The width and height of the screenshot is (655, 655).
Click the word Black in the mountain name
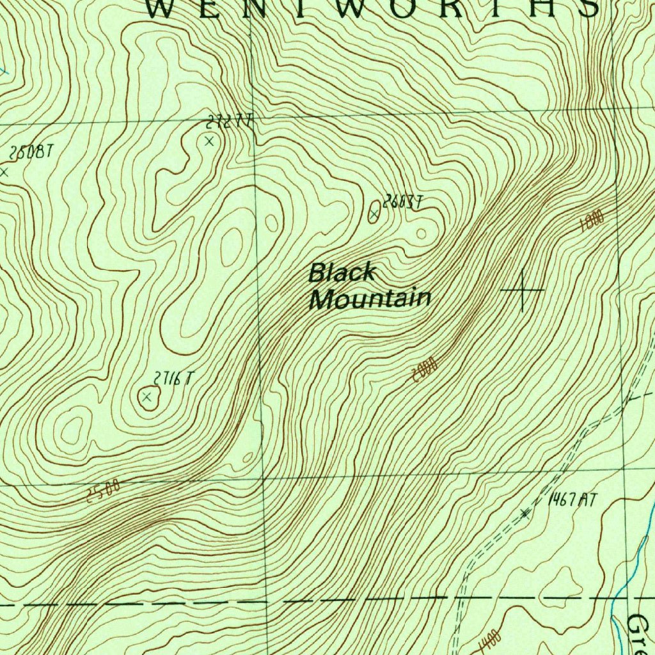pyautogui.click(x=342, y=273)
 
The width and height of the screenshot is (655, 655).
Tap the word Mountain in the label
pyautogui.click(x=370, y=299)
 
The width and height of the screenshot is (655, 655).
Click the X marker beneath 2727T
pyautogui.click(x=209, y=141)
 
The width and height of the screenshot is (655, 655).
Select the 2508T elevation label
pyautogui.click(x=29, y=153)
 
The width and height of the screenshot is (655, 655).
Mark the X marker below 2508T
pyautogui.click(x=4, y=171)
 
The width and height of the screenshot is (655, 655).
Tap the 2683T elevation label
pyautogui.click(x=402, y=202)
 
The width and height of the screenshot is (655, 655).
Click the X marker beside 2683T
pyautogui.click(x=374, y=214)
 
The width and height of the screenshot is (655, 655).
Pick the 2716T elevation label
pyautogui.click(x=172, y=379)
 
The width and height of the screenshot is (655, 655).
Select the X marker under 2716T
pyautogui.click(x=148, y=397)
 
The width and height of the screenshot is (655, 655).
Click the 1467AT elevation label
pyautogui.click(x=572, y=500)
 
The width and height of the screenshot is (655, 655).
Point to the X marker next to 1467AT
pyautogui.click(x=525, y=513)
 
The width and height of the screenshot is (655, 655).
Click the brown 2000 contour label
pyautogui.click(x=424, y=370)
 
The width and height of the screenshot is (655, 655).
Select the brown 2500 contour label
pyautogui.click(x=103, y=491)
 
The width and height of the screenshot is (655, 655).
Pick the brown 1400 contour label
pyautogui.click(x=489, y=638)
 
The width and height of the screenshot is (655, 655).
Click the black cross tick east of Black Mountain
pyautogui.click(x=523, y=290)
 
